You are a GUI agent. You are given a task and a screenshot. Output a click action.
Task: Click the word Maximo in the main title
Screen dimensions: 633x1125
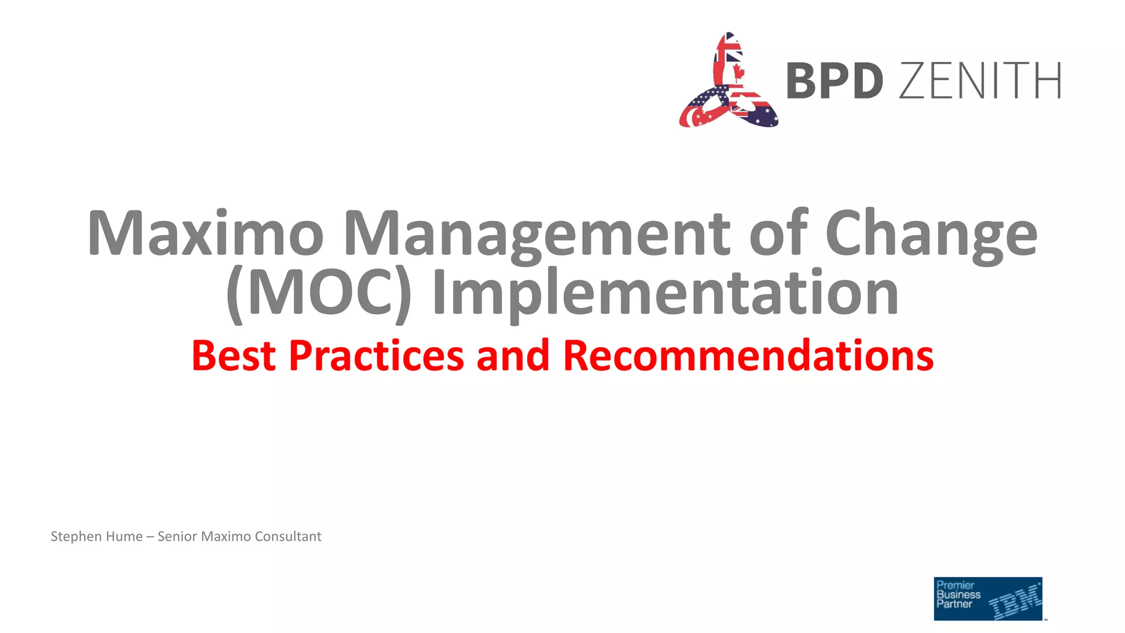205,233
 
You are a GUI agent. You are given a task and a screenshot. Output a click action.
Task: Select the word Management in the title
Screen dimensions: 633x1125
537,234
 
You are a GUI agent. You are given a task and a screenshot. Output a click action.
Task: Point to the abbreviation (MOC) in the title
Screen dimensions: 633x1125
319,293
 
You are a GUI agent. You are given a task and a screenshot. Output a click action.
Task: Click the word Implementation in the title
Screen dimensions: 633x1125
665,295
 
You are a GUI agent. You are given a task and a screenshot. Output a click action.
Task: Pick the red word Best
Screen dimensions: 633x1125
233,356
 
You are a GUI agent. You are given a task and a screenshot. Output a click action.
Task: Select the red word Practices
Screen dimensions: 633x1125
376,356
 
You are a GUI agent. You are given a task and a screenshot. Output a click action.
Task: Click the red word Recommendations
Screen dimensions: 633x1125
748,356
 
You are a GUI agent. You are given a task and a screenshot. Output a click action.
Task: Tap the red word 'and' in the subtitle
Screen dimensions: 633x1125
513,356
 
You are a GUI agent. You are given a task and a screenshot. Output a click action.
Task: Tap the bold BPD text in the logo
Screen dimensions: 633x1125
834,81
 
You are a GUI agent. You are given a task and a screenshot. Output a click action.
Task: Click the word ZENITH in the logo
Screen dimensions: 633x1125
980,81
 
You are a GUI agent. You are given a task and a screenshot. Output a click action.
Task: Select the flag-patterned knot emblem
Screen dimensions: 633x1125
728,82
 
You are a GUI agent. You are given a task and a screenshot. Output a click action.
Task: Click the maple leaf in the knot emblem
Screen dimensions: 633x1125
738,72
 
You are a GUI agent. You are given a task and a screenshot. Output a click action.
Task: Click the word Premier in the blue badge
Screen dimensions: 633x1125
955,585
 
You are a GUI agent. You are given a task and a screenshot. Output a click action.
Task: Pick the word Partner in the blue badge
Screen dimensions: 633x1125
954,604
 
